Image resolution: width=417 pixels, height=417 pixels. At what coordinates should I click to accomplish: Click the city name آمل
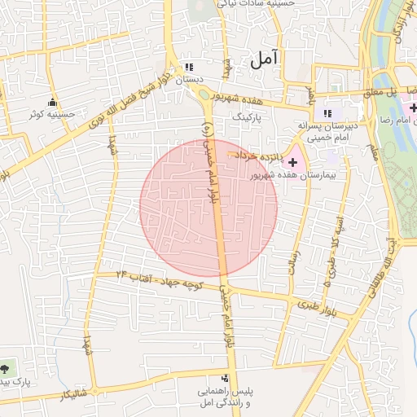click(x=265, y=58)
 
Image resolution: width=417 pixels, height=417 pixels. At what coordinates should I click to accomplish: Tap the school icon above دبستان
click(x=191, y=67)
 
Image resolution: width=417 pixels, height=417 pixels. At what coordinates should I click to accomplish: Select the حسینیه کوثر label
click(x=52, y=114)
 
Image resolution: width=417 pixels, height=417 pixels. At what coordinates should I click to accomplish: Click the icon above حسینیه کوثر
click(x=53, y=102)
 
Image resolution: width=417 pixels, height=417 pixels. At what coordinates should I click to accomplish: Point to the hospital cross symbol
click(x=293, y=163)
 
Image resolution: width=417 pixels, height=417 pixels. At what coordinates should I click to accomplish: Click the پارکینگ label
click(x=249, y=117)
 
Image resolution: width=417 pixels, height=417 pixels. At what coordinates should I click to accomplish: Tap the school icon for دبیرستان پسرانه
click(x=327, y=113)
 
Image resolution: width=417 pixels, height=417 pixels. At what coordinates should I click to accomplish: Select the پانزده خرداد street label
click(x=258, y=154)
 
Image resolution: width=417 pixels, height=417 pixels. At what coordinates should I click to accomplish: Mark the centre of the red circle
click(x=208, y=208)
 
